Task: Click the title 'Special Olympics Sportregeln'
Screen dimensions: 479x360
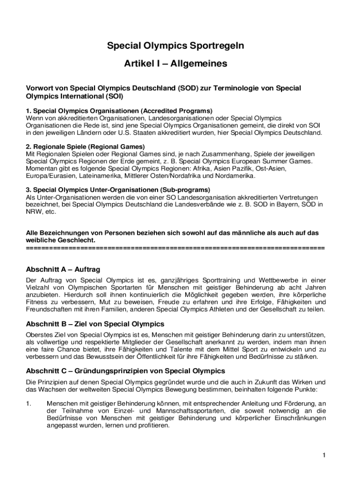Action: coord(175,46)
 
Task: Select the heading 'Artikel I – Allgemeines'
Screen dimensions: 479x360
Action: coord(175,64)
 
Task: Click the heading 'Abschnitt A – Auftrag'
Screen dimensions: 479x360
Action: coord(63,269)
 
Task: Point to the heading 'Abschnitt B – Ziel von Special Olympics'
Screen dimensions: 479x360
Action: coord(95,324)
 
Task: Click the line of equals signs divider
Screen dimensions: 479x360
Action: coord(175,247)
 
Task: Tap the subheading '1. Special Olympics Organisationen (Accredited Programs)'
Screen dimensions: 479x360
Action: coord(119,111)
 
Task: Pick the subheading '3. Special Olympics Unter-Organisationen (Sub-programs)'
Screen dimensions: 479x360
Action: coord(118,190)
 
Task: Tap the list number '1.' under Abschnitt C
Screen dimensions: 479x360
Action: coord(29,404)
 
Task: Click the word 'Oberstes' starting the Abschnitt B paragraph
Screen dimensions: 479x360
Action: coord(39,335)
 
